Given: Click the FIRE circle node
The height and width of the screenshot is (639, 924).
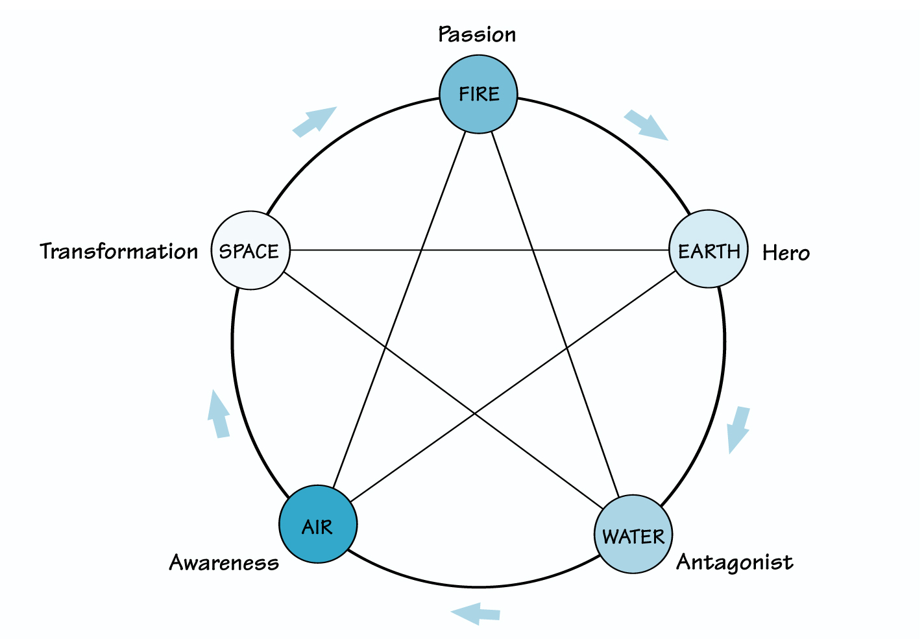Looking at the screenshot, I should (479, 95).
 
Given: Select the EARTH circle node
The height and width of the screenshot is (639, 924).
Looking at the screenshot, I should (708, 250).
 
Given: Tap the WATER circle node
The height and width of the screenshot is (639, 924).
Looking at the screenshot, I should (633, 535).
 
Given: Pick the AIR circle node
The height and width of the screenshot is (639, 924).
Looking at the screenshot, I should (318, 525).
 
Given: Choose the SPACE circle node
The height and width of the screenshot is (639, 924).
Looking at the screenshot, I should (250, 250).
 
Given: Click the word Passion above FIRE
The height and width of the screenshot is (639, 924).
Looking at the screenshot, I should (477, 34).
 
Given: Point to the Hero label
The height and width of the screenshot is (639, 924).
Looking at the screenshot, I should (786, 252).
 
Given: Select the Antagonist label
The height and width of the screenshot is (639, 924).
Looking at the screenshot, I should (735, 562).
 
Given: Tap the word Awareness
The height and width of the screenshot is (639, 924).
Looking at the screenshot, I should (224, 562).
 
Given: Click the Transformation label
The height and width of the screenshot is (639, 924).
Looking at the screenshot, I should (119, 251).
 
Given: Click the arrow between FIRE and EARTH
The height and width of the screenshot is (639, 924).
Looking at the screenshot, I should (646, 125).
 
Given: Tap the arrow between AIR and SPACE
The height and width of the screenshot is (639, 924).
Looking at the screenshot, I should (219, 415).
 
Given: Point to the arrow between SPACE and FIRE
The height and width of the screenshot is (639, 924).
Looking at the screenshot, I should (315, 121).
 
